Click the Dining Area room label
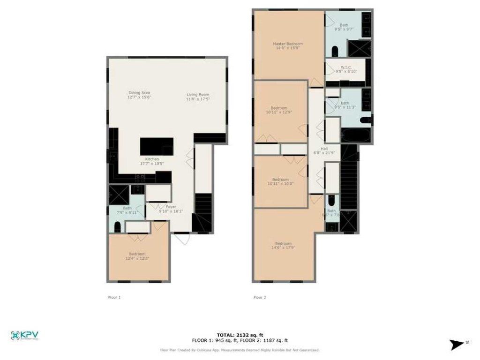tap(139, 95)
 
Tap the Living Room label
tap(197, 97)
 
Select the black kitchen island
tap(157, 146)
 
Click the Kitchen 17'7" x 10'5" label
tap(152, 162)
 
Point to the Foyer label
tap(171, 209)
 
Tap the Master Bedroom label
tap(288, 45)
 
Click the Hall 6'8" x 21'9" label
tap(324, 152)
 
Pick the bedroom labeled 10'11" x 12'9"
tap(279, 110)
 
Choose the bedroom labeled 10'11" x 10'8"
tap(280, 181)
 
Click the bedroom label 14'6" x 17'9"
tap(283, 246)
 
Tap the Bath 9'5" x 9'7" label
tap(345, 27)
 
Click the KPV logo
tap(24, 335)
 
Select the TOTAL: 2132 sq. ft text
tap(240, 335)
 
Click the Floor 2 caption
tap(260, 297)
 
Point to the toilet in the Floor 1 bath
tap(117, 228)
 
